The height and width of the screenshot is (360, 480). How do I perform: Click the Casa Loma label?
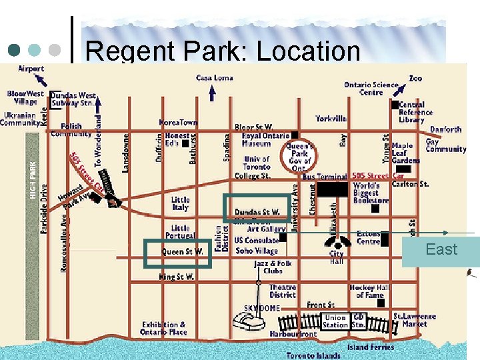coord(214,78)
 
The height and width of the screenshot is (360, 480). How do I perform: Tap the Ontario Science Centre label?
coord(371,89)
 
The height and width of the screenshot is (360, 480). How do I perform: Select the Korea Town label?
coord(178,123)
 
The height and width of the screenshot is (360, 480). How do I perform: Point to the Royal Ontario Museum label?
coord(256,139)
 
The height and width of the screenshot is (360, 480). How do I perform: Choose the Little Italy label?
coord(180,203)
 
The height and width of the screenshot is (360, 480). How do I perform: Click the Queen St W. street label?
coord(182,252)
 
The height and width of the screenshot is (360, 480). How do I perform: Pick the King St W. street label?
coord(177,276)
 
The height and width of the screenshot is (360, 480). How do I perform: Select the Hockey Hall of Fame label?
coord(369,291)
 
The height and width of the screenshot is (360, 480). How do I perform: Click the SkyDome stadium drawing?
coord(249,323)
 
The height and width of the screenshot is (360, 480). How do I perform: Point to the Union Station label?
coord(335,321)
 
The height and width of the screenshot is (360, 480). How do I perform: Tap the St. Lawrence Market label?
coord(415,321)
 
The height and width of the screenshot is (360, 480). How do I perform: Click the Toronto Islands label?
coord(313,355)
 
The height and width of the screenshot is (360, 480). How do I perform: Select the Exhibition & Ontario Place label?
coord(163,329)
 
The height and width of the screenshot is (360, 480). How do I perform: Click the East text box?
coord(441,250)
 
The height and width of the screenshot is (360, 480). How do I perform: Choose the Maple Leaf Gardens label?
coord(405,153)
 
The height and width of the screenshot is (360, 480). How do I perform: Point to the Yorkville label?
coord(331,119)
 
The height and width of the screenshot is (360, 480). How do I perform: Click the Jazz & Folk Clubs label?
coord(273,267)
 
